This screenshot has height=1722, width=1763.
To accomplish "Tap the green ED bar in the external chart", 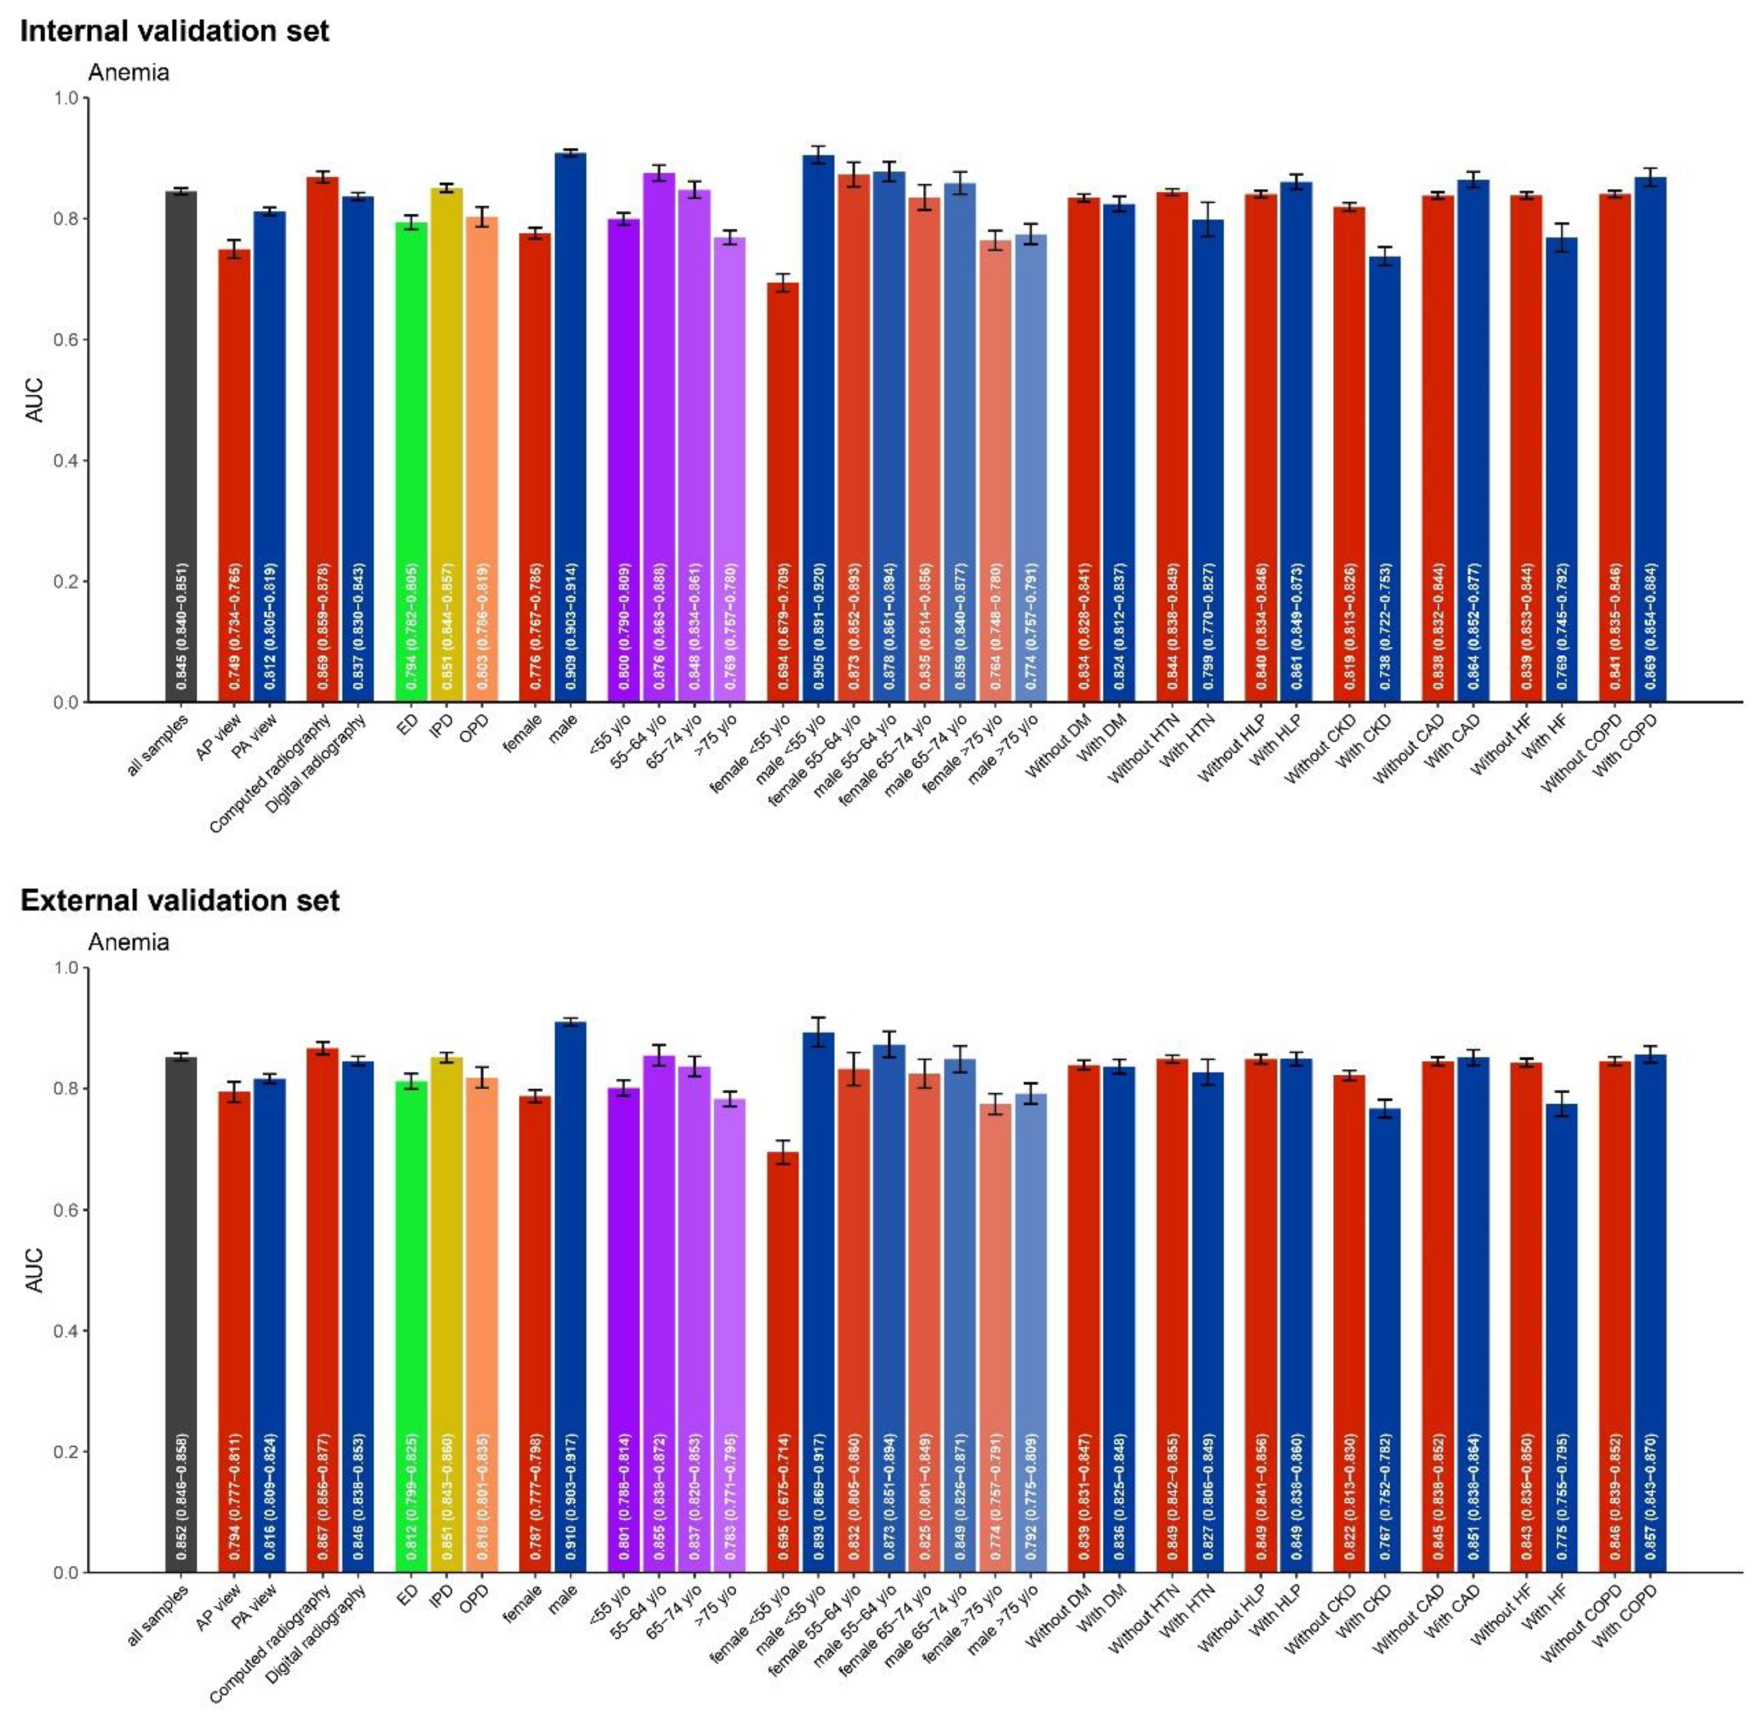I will tap(412, 1320).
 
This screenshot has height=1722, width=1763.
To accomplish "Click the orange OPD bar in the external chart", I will tap(482, 1320).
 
